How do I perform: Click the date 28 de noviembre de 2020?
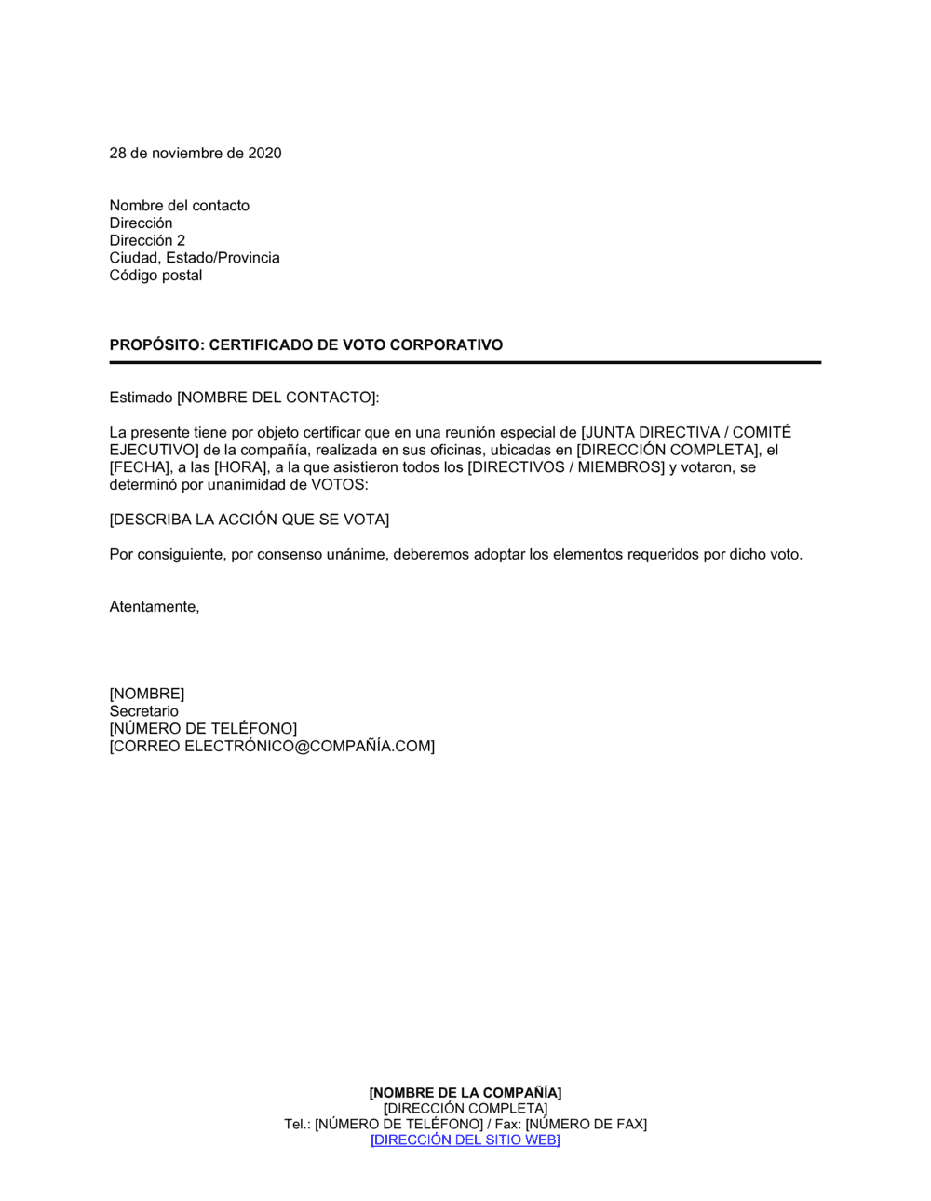click(196, 154)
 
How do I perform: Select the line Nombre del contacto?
click(180, 206)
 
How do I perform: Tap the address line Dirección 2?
click(147, 240)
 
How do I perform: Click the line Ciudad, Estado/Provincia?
click(195, 258)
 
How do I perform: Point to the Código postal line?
click(155, 276)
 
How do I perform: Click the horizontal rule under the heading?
click(465, 363)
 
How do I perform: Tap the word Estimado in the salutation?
click(142, 398)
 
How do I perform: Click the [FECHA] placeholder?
click(142, 467)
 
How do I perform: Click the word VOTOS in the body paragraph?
click(339, 485)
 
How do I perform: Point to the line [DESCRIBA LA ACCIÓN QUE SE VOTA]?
click(250, 520)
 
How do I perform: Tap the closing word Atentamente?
click(154, 607)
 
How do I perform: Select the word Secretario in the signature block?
click(144, 711)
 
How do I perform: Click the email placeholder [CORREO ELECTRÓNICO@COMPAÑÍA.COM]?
click(272, 747)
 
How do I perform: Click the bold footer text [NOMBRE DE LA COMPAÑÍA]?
click(465, 1093)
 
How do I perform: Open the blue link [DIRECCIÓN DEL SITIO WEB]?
click(465, 1140)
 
